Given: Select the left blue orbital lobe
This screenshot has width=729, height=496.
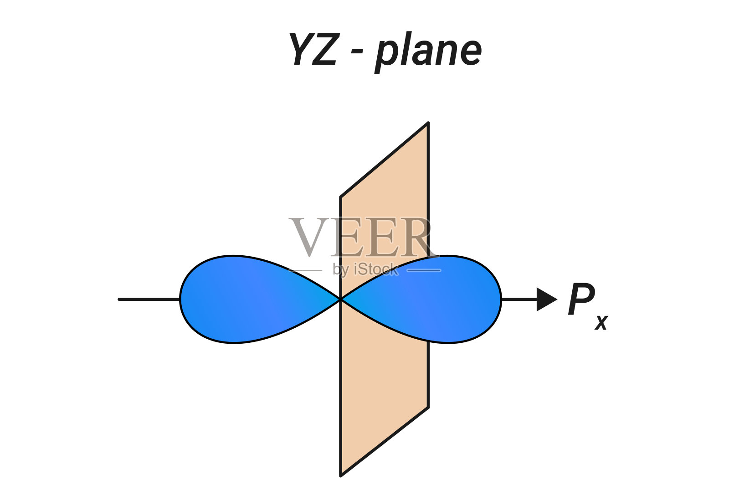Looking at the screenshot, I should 246,299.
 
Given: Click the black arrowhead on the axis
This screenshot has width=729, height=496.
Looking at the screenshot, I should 546,300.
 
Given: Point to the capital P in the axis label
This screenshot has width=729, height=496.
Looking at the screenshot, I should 580,299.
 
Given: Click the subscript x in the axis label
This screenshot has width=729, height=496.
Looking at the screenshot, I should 601,322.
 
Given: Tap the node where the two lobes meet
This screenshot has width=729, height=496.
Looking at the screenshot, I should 340,299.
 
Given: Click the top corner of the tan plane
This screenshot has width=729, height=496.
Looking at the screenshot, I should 428,123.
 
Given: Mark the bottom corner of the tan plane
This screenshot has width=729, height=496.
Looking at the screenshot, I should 341,475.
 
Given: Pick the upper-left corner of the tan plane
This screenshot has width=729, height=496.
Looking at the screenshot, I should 341,197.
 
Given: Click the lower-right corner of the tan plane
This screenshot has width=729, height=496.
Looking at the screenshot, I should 428,407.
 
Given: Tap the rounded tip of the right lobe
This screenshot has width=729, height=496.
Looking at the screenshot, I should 500,299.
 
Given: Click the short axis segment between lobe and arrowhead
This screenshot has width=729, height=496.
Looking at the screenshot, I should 519,300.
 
